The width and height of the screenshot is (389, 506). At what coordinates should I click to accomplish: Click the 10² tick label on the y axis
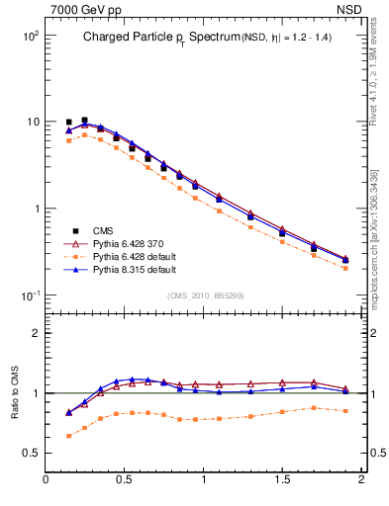[28, 36]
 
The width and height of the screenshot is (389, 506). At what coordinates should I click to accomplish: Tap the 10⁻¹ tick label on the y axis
[28, 296]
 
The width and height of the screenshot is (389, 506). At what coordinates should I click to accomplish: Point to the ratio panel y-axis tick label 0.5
[29, 453]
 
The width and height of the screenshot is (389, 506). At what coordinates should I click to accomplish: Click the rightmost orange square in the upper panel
[344, 268]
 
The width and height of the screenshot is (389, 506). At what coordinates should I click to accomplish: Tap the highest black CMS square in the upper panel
[84, 120]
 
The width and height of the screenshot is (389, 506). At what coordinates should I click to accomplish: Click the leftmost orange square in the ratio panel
[68, 436]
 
